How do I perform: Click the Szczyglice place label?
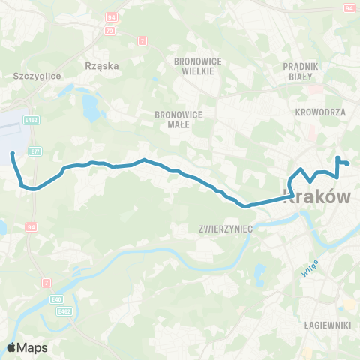tap(37, 76)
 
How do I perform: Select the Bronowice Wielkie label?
tap(194, 65)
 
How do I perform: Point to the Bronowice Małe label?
tap(175, 119)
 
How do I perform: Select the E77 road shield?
tap(35, 151)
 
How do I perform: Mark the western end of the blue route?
tap(13, 154)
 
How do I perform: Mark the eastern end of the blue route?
tap(349, 163)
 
